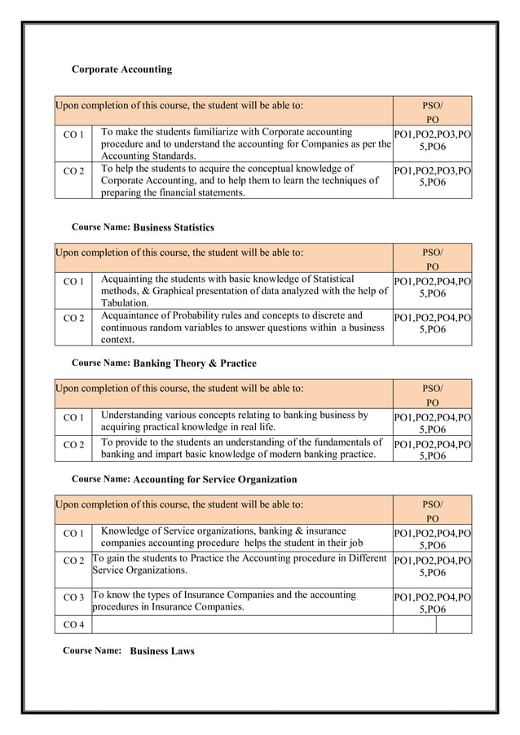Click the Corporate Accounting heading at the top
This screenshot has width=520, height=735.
tap(121, 69)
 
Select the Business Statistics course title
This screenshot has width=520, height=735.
tap(173, 227)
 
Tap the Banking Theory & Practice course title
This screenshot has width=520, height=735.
tap(194, 363)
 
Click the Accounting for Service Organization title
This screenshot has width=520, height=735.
tap(214, 479)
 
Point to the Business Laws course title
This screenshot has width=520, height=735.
tap(162, 652)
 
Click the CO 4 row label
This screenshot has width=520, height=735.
tap(73, 625)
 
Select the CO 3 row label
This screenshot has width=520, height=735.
tap(73, 597)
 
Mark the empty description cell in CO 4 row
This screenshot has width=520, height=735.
tap(241, 625)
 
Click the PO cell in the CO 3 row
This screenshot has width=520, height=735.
tap(432, 602)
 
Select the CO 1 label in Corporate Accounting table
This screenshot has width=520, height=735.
tap(73, 133)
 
